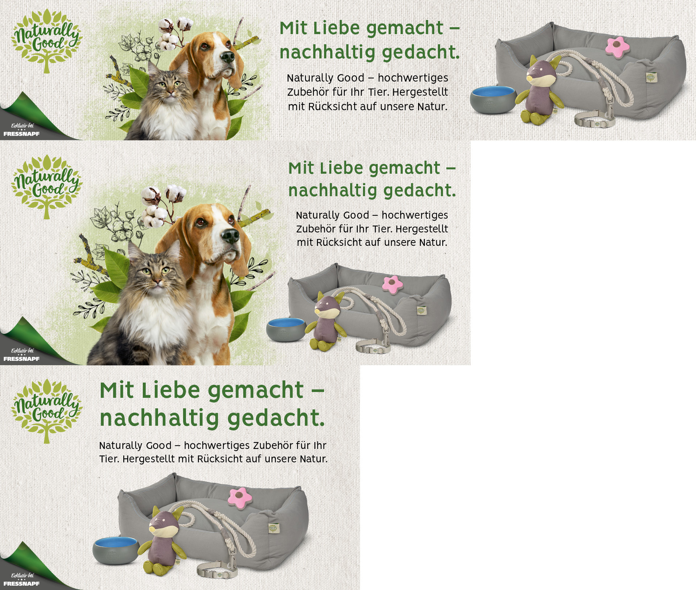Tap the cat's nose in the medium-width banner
(x=157, y=281)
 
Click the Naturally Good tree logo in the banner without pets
(x=46, y=410)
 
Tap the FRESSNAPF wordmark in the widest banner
(x=21, y=134)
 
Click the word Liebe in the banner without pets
(x=170, y=390)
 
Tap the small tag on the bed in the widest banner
(x=651, y=77)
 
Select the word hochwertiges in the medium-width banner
(x=415, y=215)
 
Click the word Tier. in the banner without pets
(x=109, y=459)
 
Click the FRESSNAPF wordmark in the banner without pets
(x=21, y=583)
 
